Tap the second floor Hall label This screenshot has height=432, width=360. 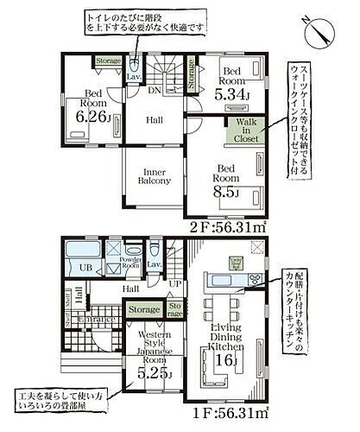154,121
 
